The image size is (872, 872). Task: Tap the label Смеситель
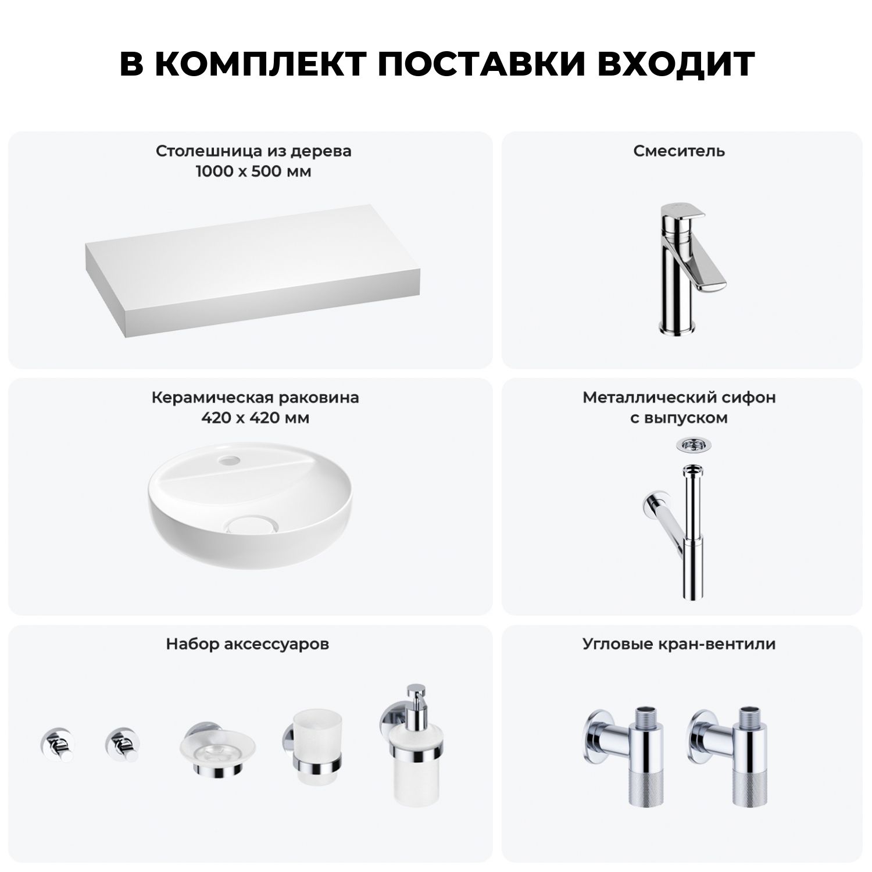pos(679,151)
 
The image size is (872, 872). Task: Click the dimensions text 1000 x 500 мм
pos(253,172)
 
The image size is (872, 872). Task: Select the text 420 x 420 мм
pos(255,419)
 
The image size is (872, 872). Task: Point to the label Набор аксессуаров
pos(248,644)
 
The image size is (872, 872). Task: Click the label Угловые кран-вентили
pos(679,644)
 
